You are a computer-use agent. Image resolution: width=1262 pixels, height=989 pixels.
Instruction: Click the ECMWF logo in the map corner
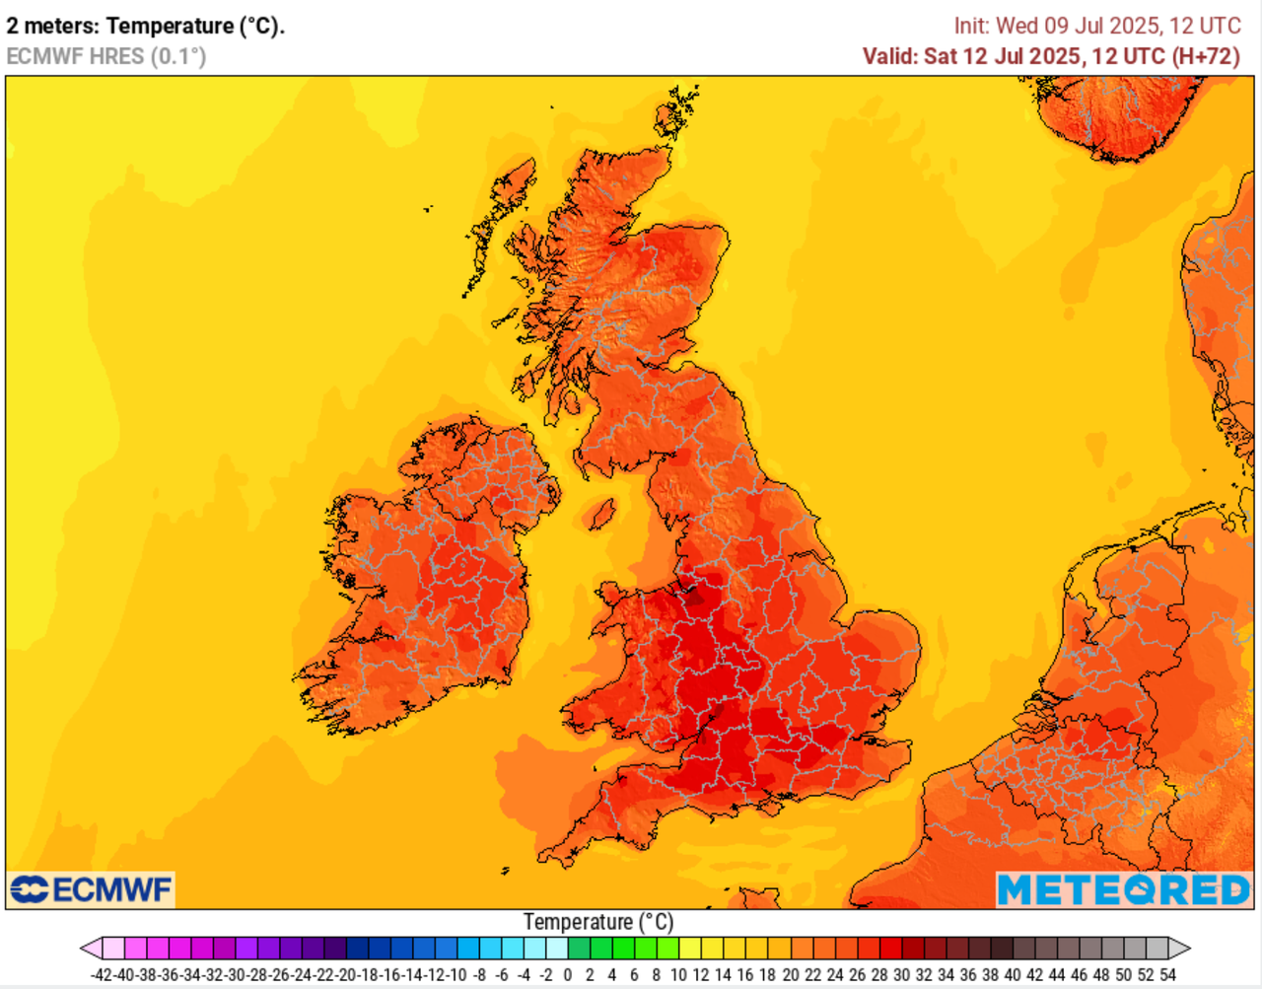[91, 889]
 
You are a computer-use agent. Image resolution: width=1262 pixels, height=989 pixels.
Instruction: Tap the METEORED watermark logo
[1123, 889]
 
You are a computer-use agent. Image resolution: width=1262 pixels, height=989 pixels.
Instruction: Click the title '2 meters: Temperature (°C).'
[145, 27]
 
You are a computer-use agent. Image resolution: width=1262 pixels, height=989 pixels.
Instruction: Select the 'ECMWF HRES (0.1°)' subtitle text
[106, 56]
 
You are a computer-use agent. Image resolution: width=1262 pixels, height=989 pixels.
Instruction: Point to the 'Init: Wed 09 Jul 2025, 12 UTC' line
[1096, 27]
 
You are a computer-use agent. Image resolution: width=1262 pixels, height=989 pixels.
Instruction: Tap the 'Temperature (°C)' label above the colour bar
[597, 922]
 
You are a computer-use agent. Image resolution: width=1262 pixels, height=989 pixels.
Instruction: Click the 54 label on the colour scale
[1167, 975]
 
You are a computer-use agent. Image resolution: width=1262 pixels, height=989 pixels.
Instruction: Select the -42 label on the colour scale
[102, 975]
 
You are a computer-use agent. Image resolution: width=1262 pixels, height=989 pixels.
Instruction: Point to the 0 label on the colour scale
[568, 975]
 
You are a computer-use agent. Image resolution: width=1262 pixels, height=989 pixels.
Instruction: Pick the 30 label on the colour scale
[901, 975]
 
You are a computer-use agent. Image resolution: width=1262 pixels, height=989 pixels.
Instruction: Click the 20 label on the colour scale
[790, 975]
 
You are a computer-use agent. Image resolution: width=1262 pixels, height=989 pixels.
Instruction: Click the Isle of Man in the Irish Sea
[599, 514]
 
